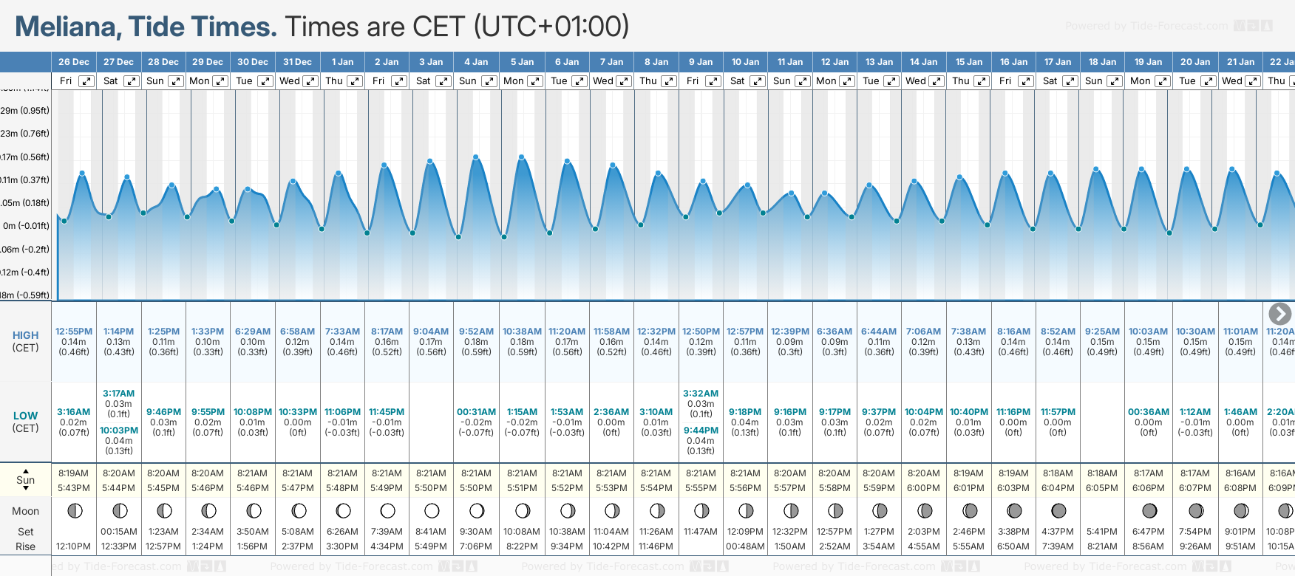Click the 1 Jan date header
[342, 62]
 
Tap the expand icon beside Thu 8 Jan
[668, 81]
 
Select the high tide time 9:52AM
[476, 332]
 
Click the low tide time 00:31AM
[476, 412]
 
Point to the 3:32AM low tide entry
[701, 394]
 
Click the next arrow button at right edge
[1279, 314]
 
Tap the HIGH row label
[25, 335]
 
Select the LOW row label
[25, 416]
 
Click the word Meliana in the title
[68, 27]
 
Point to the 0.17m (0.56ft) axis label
[25, 157]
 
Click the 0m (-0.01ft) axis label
[26, 226]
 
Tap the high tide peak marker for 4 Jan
[476, 157]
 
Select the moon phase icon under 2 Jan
[387, 511]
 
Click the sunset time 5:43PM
[73, 488]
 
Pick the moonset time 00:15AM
[118, 532]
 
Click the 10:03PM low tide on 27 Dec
[118, 431]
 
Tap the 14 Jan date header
[923, 62]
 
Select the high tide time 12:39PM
[789, 332]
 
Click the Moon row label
[25, 511]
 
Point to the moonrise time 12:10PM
[73, 546]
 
